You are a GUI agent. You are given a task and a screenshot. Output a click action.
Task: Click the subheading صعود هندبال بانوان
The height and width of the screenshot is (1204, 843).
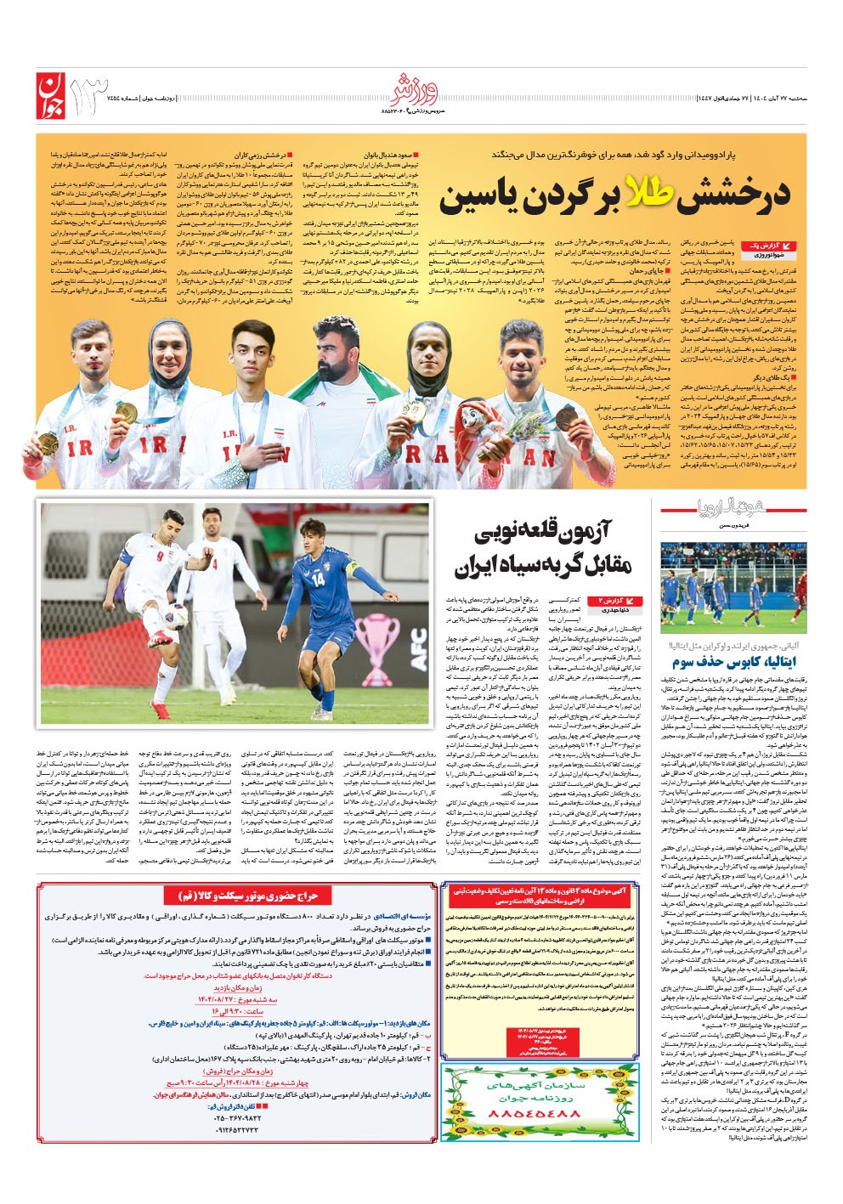coord(390,156)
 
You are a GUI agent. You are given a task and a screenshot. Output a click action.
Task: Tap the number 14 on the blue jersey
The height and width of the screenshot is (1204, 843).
coord(318,580)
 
